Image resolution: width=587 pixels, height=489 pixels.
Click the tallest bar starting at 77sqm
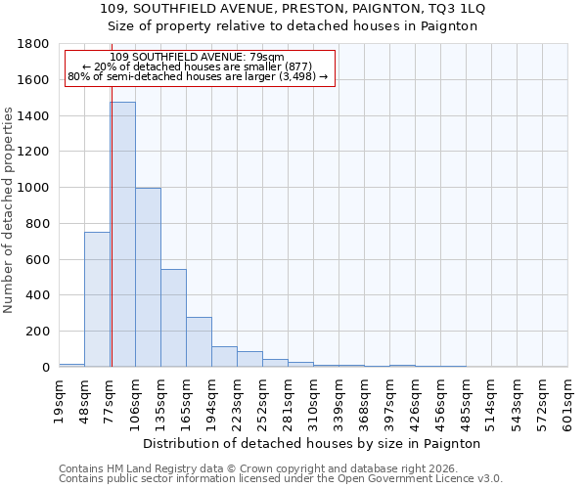pos(122,235)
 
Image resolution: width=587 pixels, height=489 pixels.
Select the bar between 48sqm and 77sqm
pos(97,299)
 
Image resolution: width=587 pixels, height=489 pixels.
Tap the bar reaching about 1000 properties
pos(148,278)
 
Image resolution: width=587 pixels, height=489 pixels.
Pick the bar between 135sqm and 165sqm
pos(173,318)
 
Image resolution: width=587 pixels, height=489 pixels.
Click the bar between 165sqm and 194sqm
pos(199,342)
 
